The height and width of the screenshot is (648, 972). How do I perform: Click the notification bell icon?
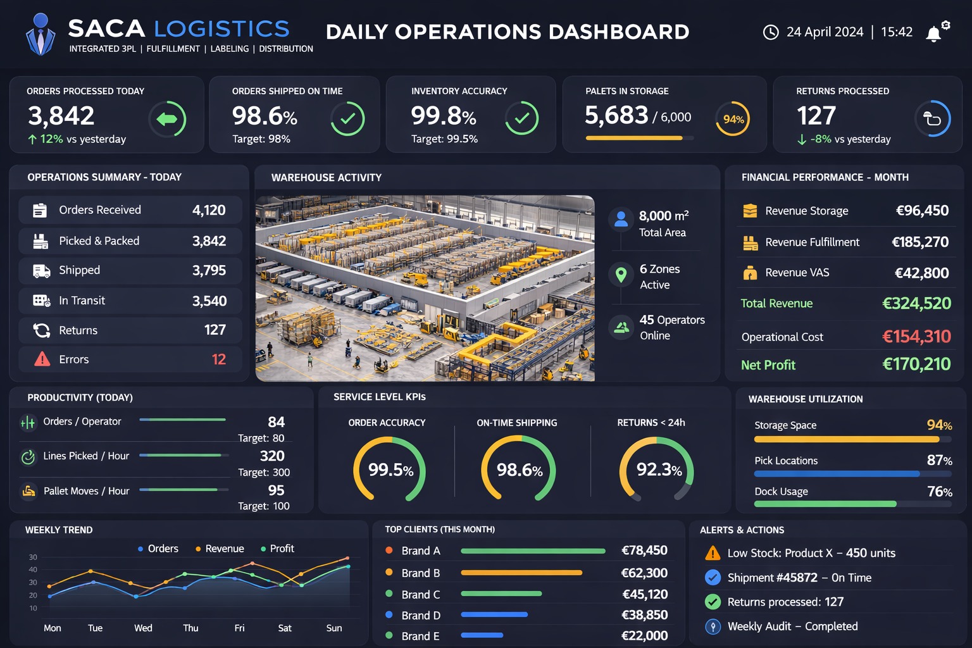[933, 34]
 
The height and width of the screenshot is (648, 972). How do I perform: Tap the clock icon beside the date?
[770, 32]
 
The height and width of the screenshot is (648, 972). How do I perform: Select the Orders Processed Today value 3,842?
[61, 116]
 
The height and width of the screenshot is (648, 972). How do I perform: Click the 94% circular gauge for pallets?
[733, 119]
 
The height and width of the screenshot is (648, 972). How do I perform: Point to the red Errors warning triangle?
[42, 359]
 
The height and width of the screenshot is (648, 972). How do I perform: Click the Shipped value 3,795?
[209, 271]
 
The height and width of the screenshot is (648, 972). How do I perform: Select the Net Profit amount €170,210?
[916, 364]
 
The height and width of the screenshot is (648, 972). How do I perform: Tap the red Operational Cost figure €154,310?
[916, 337]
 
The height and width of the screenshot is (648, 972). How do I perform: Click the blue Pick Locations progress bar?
[837, 474]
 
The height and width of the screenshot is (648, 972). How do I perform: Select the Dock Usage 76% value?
[939, 492]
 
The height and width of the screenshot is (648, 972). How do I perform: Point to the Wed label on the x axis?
[143, 628]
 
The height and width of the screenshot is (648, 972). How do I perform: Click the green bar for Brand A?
[533, 551]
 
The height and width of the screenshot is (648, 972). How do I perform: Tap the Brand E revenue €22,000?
[644, 636]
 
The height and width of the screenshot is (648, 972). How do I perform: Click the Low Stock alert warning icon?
[713, 554]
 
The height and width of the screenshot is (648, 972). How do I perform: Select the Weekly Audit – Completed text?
[792, 626]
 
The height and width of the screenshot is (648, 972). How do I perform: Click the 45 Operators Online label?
[671, 327]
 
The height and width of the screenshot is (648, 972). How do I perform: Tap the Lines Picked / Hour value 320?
[272, 456]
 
